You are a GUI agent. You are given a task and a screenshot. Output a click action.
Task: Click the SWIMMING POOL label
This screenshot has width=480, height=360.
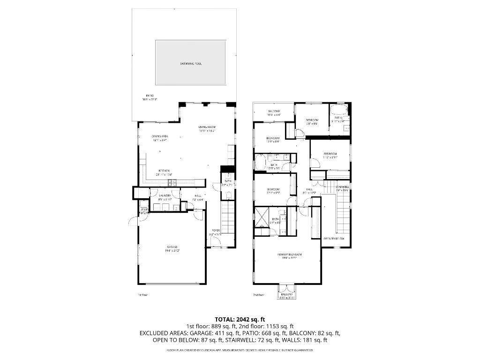[191, 63]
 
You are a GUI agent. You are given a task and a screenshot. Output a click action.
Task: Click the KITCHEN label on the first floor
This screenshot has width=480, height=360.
[164, 171]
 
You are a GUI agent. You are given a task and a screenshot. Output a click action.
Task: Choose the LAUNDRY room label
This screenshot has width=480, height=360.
[165, 196]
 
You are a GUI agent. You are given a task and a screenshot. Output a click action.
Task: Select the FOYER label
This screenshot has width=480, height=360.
[215, 230]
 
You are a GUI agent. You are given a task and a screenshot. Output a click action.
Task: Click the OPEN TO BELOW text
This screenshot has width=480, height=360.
[334, 239]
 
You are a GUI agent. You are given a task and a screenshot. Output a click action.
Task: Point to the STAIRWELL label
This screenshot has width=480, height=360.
[343, 187]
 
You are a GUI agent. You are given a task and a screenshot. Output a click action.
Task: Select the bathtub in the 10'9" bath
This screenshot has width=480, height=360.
[261, 162]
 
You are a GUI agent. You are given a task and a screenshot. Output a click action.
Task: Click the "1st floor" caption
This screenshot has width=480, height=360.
[142, 295]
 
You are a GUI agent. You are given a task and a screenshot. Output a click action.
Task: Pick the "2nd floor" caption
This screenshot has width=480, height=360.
[258, 295]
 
